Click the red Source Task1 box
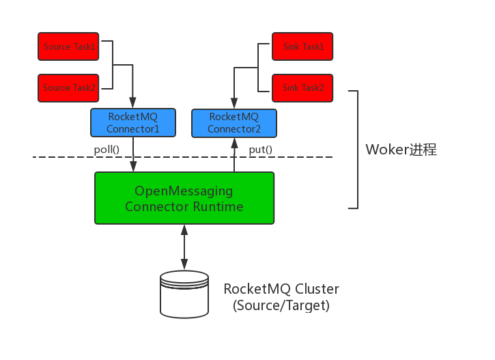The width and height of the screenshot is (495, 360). point(70,47)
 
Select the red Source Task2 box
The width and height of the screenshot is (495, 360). point(70,88)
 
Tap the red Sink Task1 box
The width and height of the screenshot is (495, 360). point(303,47)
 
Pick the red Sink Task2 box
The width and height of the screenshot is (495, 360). point(303,88)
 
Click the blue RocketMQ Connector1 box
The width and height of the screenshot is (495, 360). point(133,123)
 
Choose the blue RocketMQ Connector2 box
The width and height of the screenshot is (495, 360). point(234,123)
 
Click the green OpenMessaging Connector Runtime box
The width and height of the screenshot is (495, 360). point(184,198)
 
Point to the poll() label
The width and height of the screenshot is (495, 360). point(107,150)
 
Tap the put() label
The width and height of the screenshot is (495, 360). point(260,150)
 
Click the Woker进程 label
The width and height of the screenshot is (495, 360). point(401,150)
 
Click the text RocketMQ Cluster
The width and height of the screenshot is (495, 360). point(281,288)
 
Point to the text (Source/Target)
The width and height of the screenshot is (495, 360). point(281,305)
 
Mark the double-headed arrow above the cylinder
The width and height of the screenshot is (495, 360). point(184,246)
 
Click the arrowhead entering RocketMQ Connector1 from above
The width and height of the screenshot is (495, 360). point(133,104)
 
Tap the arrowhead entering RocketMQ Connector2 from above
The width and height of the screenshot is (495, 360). point(234,104)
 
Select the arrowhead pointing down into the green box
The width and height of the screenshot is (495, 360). point(133,167)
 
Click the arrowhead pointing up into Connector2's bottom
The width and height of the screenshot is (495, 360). point(234,142)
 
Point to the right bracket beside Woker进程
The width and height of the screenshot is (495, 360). point(356,149)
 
